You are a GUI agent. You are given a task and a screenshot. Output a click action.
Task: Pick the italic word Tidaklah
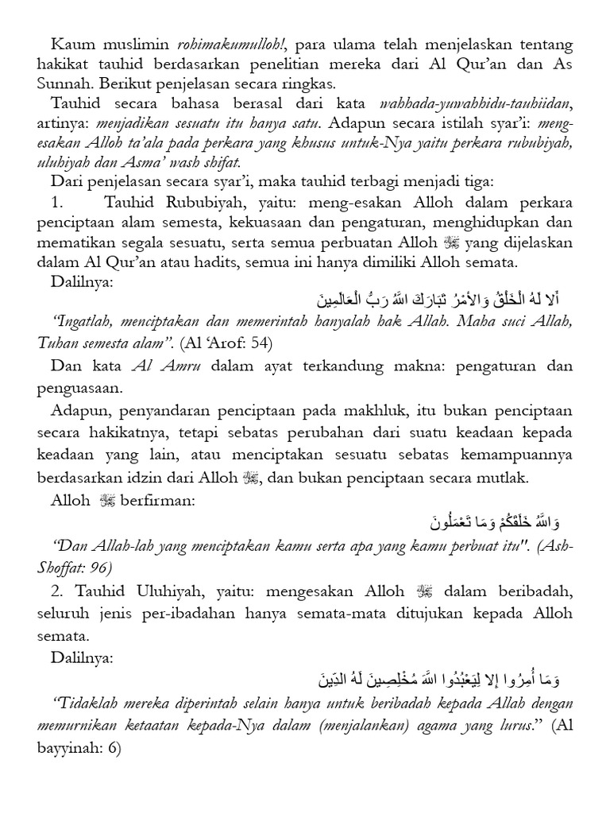click(x=85, y=704)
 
